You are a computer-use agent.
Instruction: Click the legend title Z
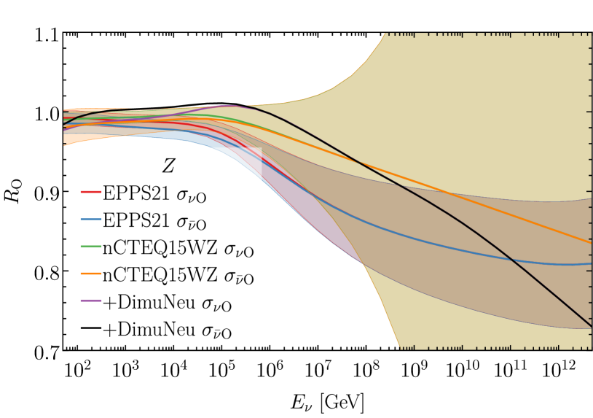tap(168, 167)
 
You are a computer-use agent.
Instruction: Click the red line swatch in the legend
tap(90, 195)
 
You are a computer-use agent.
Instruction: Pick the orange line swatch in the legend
tap(90, 276)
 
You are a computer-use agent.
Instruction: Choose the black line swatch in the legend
tap(90, 330)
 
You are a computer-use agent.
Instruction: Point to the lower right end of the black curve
tap(589, 324)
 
